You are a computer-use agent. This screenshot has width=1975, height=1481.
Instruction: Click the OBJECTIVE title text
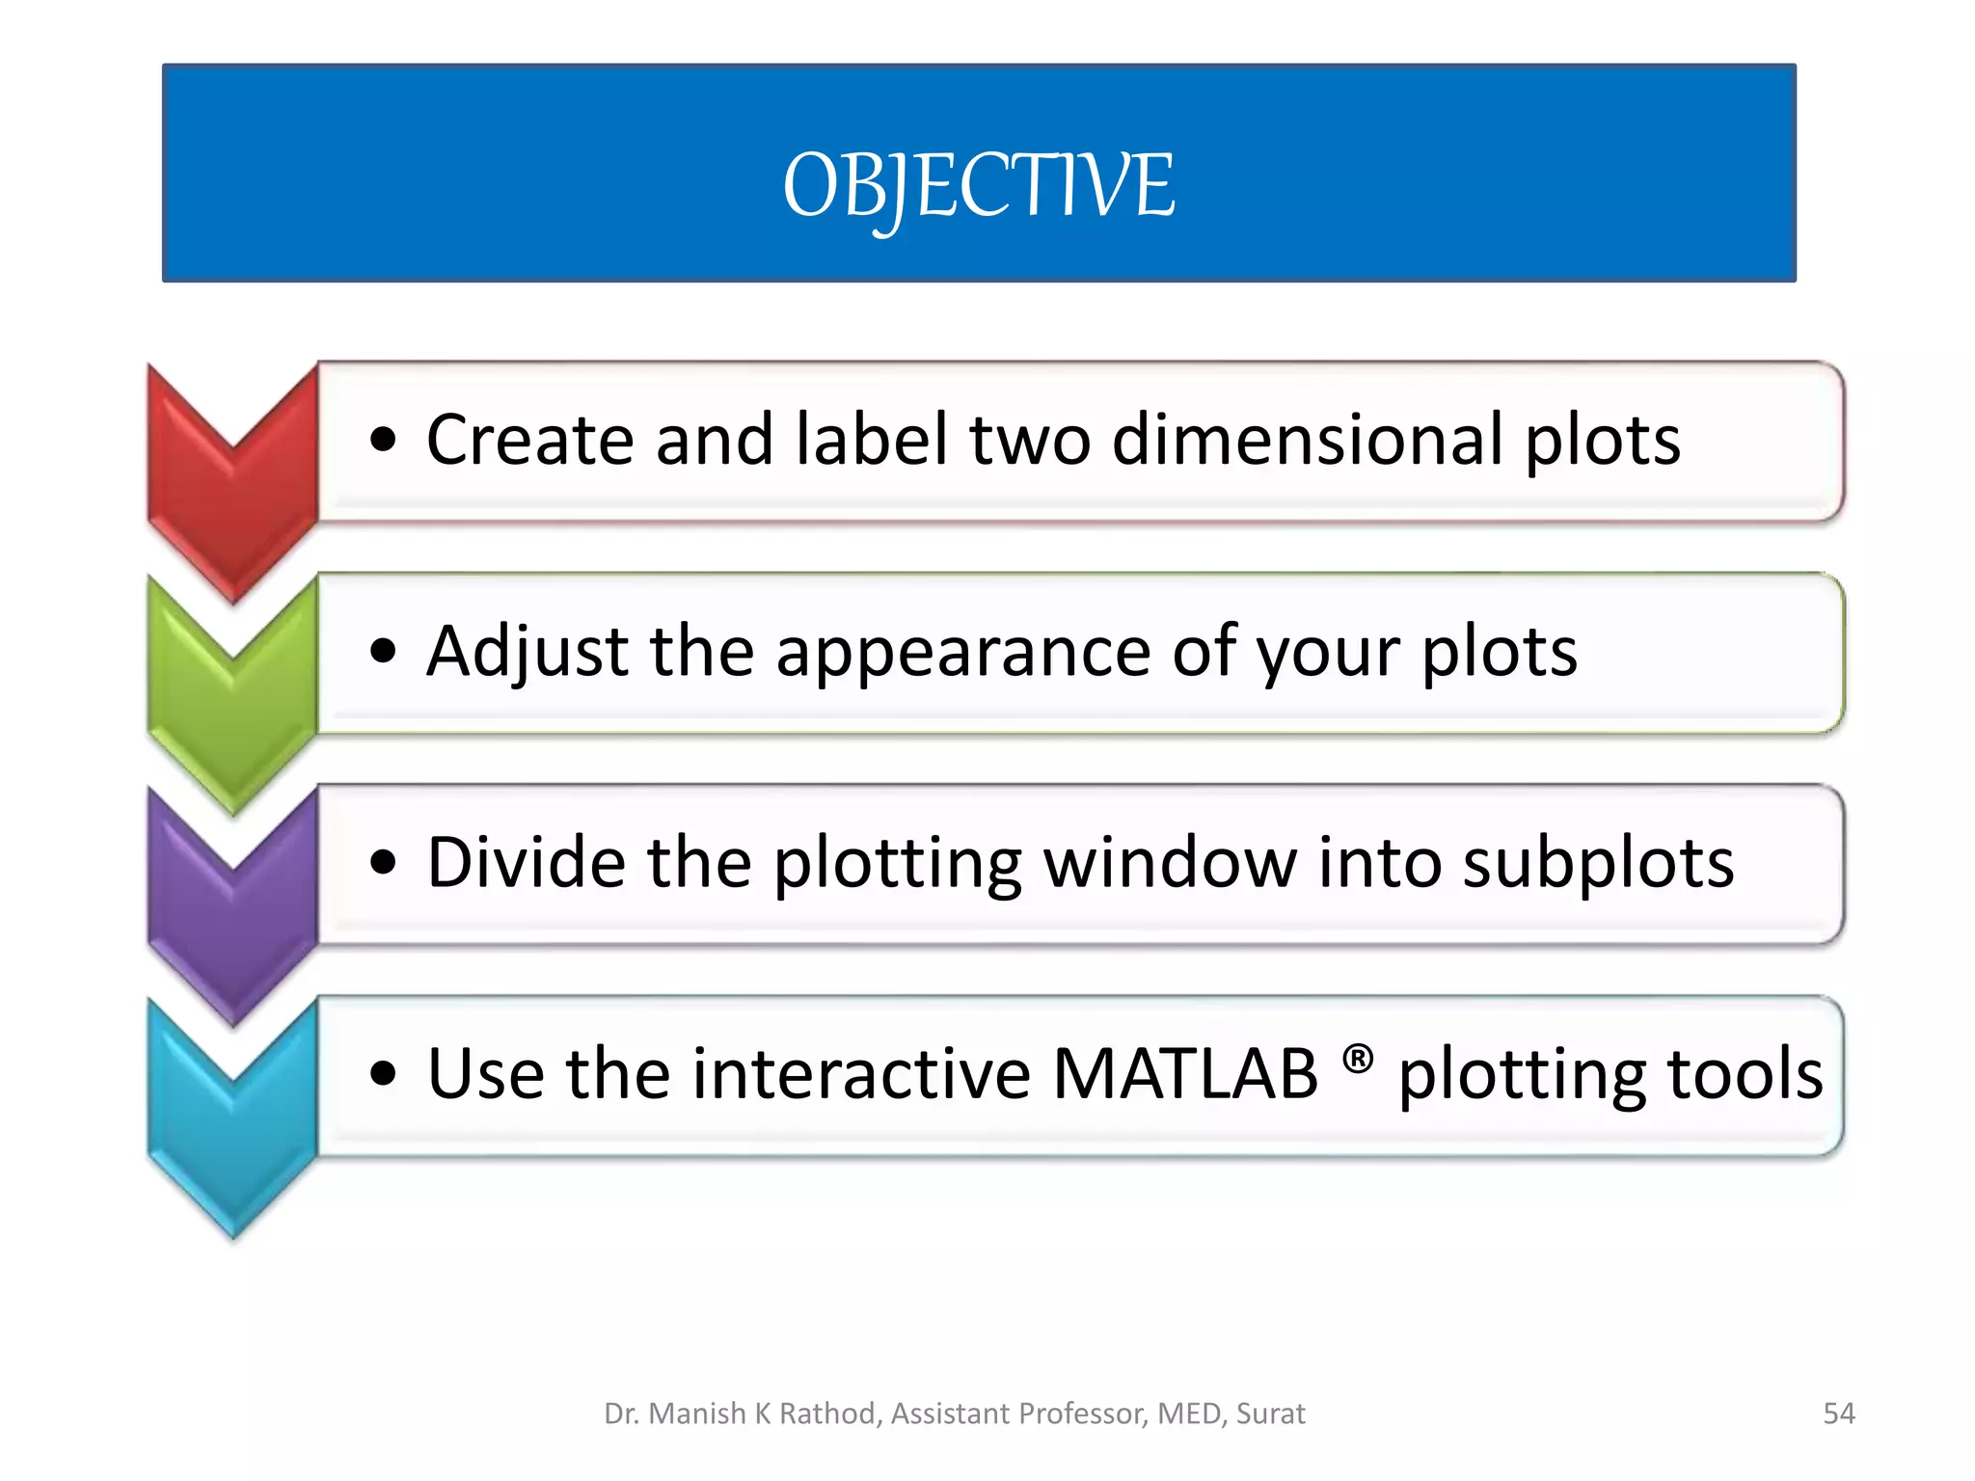[979, 185]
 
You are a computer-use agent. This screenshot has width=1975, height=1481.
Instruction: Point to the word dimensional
[1306, 440]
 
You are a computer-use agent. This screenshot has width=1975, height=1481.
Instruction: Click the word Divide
[527, 862]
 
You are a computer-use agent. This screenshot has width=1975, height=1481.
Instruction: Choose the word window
[1170, 862]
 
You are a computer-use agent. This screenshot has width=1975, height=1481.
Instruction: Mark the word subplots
[1598, 864]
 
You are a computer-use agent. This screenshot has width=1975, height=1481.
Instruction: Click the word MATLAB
[1185, 1074]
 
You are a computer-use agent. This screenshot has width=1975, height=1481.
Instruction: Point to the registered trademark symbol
[1358, 1059]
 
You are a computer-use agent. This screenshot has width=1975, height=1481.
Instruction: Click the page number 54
[1839, 1414]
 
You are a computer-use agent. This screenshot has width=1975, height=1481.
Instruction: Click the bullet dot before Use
[383, 1074]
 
